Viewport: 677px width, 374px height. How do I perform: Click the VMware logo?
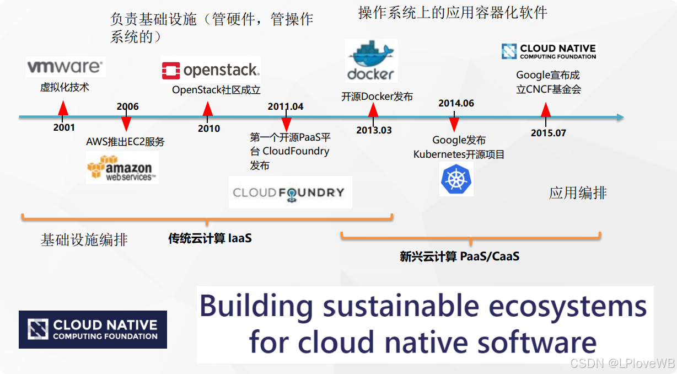pos(65,67)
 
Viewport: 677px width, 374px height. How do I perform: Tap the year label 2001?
pos(64,127)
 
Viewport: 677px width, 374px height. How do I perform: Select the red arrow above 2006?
pos(126,123)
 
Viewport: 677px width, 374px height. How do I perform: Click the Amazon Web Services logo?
pos(122,168)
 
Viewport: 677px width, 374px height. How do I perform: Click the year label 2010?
pos(209,129)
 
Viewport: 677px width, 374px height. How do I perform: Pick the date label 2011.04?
pos(286,106)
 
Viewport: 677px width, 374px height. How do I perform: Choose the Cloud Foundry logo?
pos(290,193)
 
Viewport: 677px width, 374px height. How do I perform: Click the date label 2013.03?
pos(374,130)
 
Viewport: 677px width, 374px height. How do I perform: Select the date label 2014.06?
pos(456,103)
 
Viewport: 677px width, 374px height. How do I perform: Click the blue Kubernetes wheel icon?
pos(456,179)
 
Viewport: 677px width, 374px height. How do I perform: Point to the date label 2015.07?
pos(549,133)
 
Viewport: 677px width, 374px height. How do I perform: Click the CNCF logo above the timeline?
pos(549,52)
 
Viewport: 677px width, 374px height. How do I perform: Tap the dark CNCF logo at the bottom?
pos(93,329)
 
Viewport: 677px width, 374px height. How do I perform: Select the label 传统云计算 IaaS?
pos(210,238)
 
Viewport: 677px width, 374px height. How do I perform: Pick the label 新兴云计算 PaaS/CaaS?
pos(460,256)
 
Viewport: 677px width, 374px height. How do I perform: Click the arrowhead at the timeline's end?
pos(620,117)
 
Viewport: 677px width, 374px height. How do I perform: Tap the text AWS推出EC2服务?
pos(125,142)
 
